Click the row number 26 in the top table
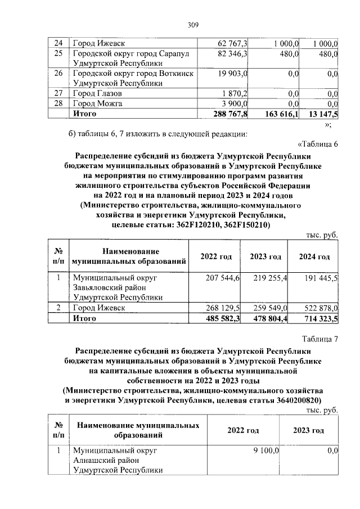pos(57,74)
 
